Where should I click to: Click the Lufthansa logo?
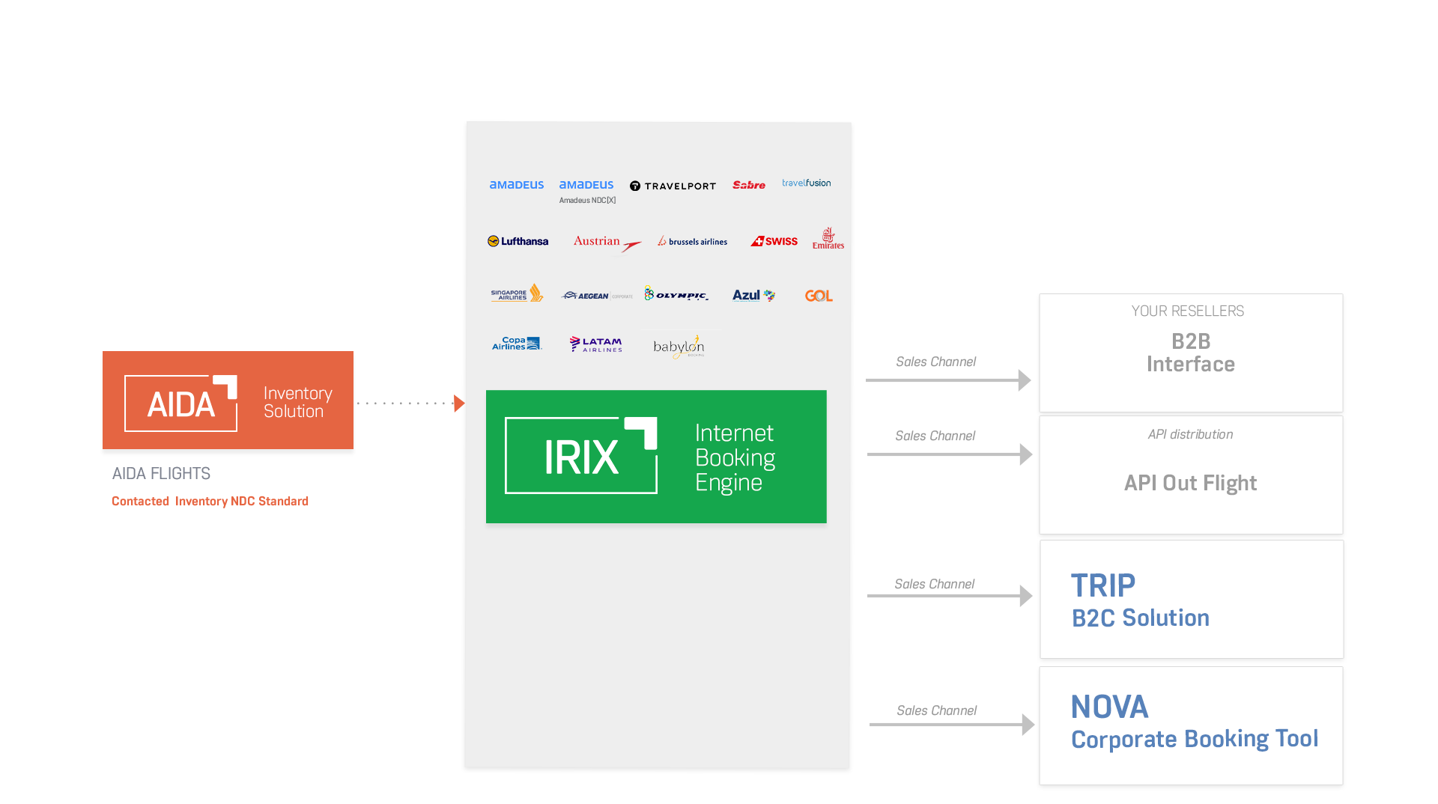click(518, 241)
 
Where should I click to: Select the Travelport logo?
click(673, 186)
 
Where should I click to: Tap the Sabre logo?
click(748, 185)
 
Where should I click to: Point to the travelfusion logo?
click(806, 183)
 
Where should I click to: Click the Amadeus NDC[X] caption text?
click(587, 201)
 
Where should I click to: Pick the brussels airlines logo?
click(693, 241)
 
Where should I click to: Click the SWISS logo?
click(774, 241)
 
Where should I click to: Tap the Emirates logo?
click(828, 239)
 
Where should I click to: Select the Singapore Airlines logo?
click(517, 293)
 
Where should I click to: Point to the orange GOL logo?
click(819, 296)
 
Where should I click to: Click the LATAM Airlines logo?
click(596, 344)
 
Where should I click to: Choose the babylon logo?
click(679, 347)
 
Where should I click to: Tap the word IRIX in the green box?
click(581, 457)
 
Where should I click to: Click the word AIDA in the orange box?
click(181, 405)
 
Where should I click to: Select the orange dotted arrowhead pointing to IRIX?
click(459, 403)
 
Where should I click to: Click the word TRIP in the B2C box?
click(1102, 585)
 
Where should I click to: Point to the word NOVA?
click(1109, 707)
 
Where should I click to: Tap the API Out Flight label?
click(1190, 483)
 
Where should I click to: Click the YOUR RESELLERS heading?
click(1187, 311)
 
